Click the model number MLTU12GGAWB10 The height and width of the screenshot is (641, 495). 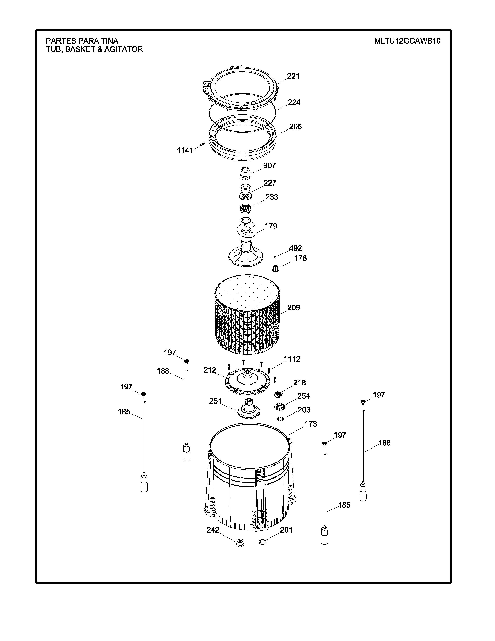[x=407, y=41]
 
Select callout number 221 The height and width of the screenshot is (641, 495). [x=293, y=76]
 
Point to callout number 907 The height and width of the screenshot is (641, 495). [x=269, y=165]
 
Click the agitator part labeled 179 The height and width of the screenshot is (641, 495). [x=245, y=242]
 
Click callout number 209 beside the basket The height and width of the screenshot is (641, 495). [x=294, y=308]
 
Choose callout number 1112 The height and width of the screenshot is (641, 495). [x=292, y=359]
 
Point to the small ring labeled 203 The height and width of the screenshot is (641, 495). [x=280, y=418]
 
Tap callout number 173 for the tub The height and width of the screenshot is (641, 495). [x=311, y=424]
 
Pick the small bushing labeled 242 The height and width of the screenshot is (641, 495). [x=240, y=543]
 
